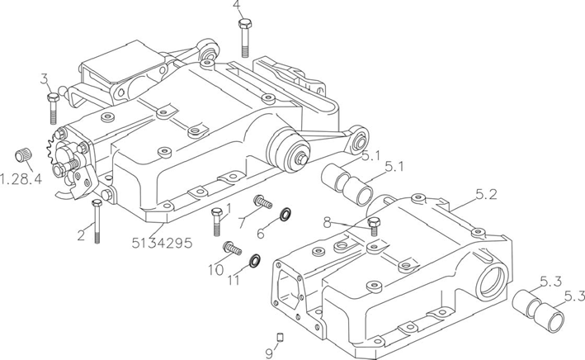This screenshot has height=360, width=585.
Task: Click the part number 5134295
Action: tap(162, 243)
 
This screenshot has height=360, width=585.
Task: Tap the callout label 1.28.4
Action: tap(21, 179)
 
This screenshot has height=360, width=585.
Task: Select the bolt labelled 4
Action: tap(245, 38)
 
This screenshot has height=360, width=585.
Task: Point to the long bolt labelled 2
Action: tap(97, 221)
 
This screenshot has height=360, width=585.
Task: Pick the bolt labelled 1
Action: tap(217, 222)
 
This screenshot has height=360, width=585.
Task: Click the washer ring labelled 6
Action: tap(285, 215)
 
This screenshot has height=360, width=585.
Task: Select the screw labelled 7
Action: tap(262, 202)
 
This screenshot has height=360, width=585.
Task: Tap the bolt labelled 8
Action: tap(374, 227)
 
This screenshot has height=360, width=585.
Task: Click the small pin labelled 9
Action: tap(281, 337)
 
